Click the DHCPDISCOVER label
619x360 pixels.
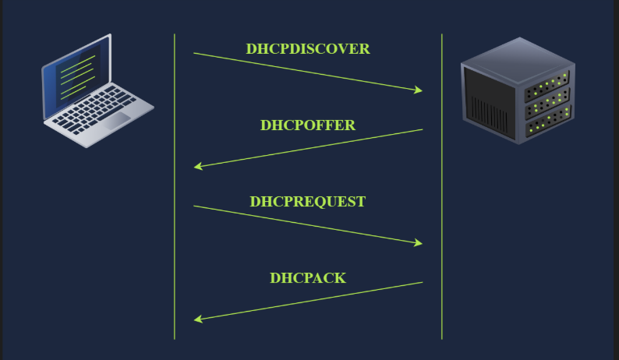point(308,49)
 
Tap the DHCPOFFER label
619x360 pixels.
point(308,125)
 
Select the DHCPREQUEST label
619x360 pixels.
point(308,202)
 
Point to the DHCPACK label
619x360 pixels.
point(308,278)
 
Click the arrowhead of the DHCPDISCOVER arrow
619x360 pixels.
point(419,90)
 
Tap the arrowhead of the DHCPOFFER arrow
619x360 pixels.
point(198,166)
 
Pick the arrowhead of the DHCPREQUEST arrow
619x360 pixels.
point(419,243)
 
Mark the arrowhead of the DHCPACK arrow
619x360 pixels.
point(198,319)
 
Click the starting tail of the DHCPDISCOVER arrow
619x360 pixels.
point(195,53)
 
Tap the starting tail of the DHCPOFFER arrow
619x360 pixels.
point(422,129)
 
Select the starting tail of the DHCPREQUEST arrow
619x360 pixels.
point(195,206)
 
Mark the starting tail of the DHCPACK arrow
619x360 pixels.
point(422,282)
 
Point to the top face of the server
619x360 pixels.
point(518,55)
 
